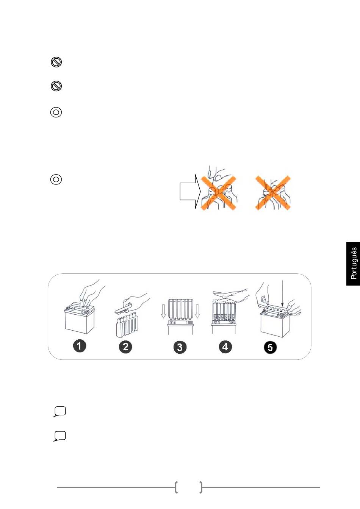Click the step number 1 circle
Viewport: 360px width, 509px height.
[79, 346]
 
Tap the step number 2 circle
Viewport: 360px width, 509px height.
[125, 347]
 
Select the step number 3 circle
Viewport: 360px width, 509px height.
[180, 347]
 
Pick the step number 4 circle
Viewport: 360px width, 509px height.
[225, 347]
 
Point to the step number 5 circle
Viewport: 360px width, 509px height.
[270, 347]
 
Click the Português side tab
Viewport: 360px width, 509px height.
[353, 264]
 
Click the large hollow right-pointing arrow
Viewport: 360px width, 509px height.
[190, 191]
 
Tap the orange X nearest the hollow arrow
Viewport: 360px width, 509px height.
[218, 193]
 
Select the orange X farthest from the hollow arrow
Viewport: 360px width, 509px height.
[273, 193]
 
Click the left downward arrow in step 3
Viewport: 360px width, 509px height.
[163, 311]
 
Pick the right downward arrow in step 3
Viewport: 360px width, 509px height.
[197, 311]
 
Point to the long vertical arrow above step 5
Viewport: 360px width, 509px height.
[282, 294]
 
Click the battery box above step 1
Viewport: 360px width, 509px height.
[79, 318]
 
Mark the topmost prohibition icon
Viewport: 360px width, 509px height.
[56, 62]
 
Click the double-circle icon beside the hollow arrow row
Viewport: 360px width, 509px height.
[56, 180]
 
